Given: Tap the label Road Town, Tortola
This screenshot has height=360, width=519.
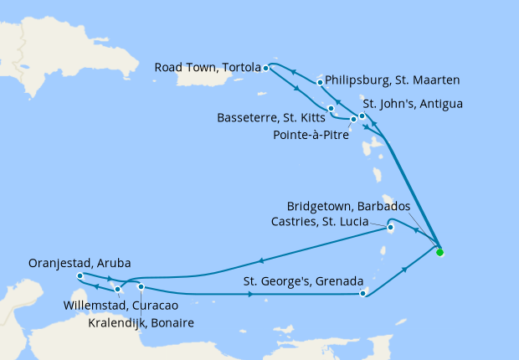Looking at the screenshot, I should [204, 67].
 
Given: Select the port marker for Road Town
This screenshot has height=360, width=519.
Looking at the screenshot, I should [265, 68].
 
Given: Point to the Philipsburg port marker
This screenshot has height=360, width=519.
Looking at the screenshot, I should [320, 82].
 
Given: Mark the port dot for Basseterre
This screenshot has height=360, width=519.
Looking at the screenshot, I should [331, 109].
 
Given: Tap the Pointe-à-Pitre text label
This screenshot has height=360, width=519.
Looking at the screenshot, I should [312, 132].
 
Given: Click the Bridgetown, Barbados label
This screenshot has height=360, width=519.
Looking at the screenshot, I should [348, 206].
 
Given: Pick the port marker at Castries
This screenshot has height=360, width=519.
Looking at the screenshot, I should [390, 225].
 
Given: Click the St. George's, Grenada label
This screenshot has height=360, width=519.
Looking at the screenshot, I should [302, 280].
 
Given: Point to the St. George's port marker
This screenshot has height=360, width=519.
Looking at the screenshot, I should [362, 293].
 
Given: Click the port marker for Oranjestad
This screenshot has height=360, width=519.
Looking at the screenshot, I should [79, 276].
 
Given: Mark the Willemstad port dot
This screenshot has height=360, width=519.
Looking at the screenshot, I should [118, 290].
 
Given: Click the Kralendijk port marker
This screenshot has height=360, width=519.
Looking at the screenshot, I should [141, 287].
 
